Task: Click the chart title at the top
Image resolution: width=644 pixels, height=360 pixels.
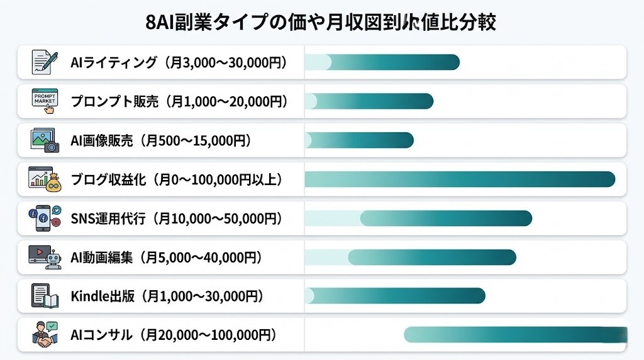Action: (321, 22)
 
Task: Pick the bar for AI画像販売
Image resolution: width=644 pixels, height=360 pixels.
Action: (358, 140)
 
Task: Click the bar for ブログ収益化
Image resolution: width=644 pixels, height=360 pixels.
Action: (459, 179)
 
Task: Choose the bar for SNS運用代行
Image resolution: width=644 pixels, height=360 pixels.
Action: (446, 218)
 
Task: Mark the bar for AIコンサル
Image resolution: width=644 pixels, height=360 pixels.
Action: (516, 335)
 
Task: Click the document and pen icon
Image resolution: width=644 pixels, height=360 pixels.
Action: (45, 62)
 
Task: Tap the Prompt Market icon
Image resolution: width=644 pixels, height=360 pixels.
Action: (45, 101)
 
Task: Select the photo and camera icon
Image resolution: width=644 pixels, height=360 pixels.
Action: (45, 140)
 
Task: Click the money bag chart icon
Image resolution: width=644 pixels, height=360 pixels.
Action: (45, 179)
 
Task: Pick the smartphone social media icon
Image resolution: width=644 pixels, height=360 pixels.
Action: (45, 218)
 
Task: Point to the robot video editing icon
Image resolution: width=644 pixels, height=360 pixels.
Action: (45, 257)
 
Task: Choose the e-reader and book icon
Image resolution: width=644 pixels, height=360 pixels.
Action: (45, 296)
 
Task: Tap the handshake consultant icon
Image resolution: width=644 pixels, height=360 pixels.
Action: (45, 335)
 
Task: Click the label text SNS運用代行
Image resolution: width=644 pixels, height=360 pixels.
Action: (108, 218)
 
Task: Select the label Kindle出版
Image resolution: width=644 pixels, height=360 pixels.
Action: (103, 296)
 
